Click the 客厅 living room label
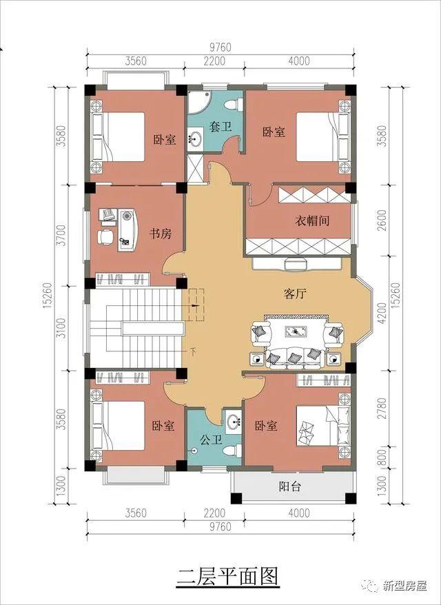coord(295,294)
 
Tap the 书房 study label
coord(161,234)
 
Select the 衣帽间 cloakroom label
coord(312,221)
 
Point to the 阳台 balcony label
coord(290,486)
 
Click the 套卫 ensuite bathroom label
coord(220,126)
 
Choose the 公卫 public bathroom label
coord(211,440)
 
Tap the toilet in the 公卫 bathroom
coord(233,451)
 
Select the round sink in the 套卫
coord(195,139)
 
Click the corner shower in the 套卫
coord(198,101)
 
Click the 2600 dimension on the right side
coord(382,221)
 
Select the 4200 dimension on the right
coord(382,313)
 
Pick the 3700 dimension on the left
coord(61,235)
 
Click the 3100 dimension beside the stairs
coord(61,328)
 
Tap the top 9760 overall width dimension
coord(220,47)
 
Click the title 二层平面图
coord(227,577)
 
